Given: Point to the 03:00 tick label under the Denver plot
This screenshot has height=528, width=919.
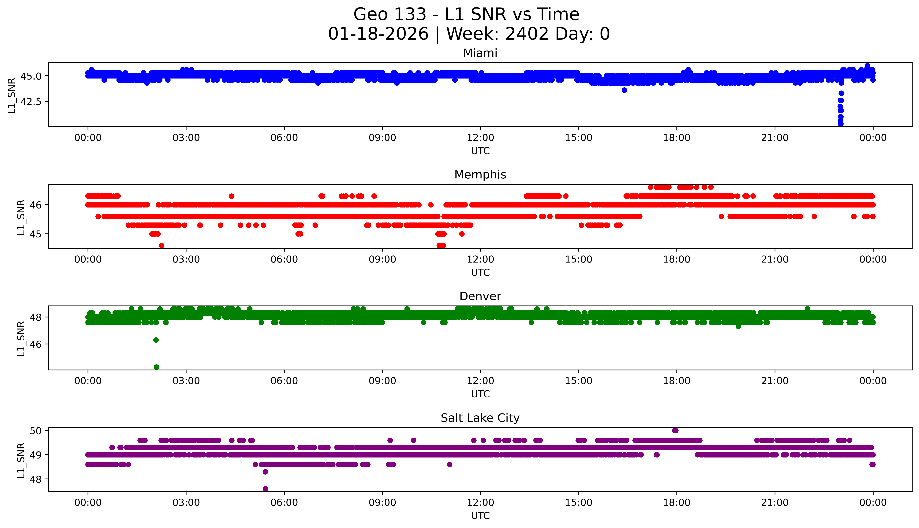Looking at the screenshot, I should coord(186,381).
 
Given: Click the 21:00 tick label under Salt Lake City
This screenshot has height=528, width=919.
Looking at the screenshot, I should coord(775,503).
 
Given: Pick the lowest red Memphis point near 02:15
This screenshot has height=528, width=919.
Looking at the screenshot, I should coord(162,245).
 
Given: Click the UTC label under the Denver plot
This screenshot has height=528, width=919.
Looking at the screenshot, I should coord(480,394).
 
